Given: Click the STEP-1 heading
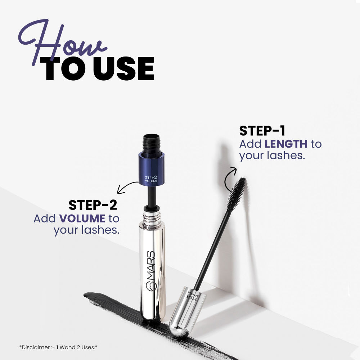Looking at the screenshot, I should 262,131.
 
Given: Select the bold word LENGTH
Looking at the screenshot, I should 286,144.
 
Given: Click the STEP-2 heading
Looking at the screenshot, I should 93,205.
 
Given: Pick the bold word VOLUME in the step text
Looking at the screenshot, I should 82,219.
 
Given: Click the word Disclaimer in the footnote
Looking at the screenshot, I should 35,347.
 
